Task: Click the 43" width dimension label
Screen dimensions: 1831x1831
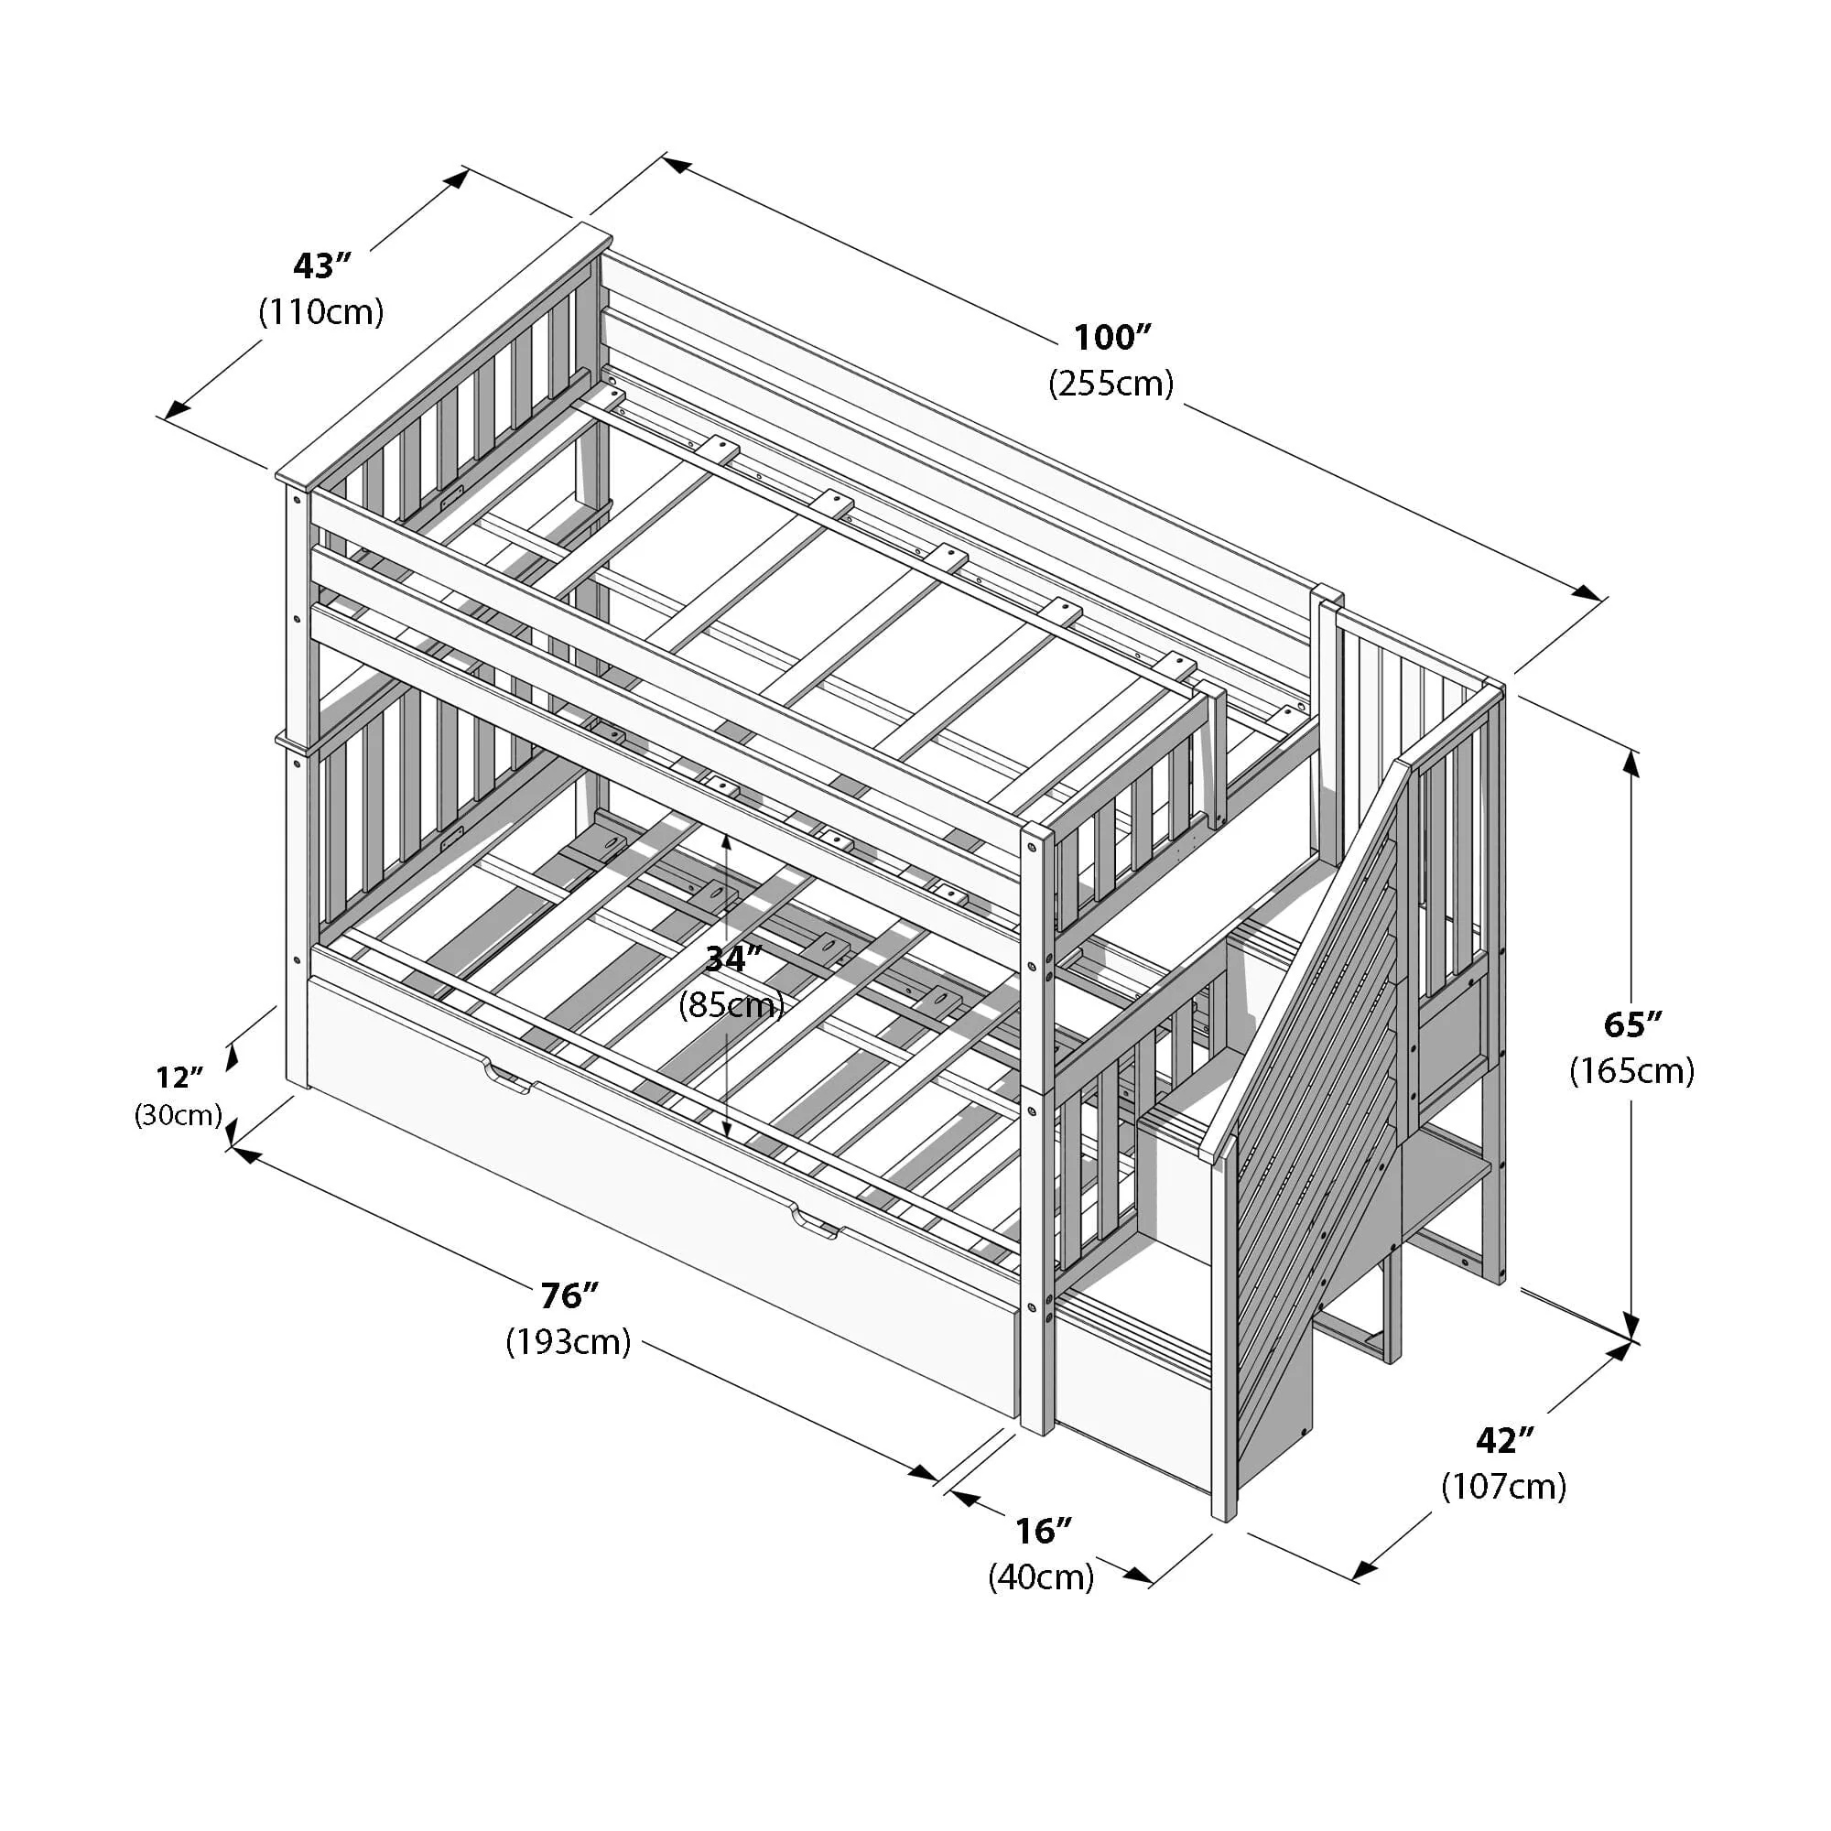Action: [x=322, y=267]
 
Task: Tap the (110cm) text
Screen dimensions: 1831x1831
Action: [x=321, y=312]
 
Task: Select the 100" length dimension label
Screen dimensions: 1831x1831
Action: [x=1111, y=338]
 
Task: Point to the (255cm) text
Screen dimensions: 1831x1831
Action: [x=1111, y=383]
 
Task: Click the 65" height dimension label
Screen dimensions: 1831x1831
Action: [x=1632, y=1024]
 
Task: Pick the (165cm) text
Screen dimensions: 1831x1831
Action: [x=1632, y=1071]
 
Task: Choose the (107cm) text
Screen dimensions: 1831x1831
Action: [x=1504, y=1486]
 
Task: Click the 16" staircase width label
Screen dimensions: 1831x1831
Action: [x=1043, y=1531]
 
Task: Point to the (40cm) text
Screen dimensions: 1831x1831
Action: [x=1042, y=1577]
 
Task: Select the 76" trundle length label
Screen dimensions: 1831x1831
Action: [x=569, y=1295]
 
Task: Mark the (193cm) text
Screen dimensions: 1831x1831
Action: [x=569, y=1341]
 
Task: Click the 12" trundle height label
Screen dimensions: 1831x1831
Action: [x=180, y=1078]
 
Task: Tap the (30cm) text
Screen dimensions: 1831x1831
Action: [x=179, y=1115]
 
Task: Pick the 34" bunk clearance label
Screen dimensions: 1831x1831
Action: [x=732, y=959]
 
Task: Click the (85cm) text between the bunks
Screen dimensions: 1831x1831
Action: [x=731, y=1004]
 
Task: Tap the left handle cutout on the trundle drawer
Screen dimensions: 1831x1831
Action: [x=509, y=1079]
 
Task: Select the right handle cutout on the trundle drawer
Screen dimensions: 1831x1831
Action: [x=816, y=1227]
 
